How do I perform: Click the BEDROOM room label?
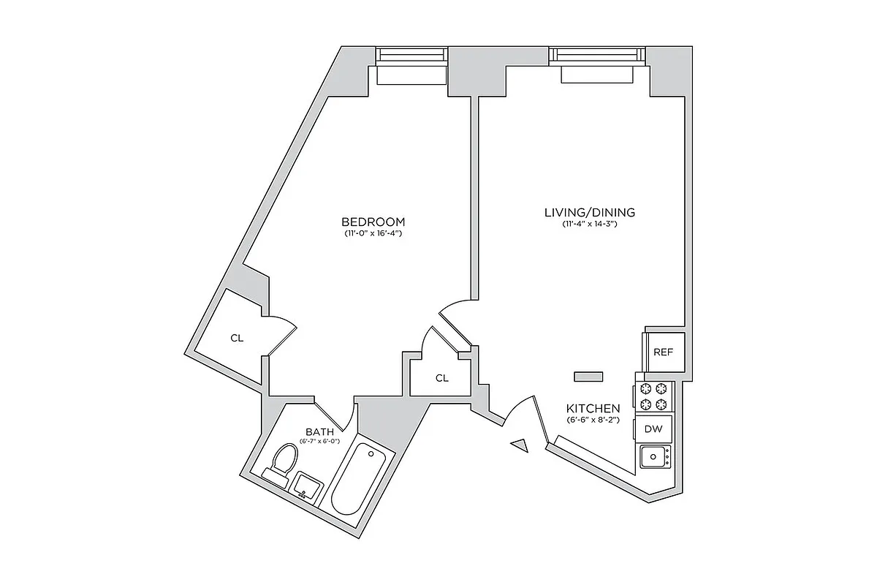(x=373, y=222)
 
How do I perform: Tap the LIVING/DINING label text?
(x=590, y=213)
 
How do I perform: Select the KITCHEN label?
(x=593, y=408)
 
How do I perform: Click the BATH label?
(x=320, y=432)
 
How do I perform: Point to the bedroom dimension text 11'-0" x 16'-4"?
(x=373, y=234)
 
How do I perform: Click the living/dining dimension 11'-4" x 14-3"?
(x=590, y=224)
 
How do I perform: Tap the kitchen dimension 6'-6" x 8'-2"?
(x=593, y=420)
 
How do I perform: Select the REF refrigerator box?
(x=663, y=352)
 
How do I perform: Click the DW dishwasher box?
(x=653, y=429)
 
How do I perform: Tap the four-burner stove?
(x=653, y=396)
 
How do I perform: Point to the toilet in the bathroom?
(x=281, y=463)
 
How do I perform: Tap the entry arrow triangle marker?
(x=520, y=445)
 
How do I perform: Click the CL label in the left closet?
(x=236, y=338)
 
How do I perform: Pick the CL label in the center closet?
(x=441, y=378)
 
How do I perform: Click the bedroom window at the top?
(x=411, y=57)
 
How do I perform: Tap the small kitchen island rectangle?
(x=588, y=376)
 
